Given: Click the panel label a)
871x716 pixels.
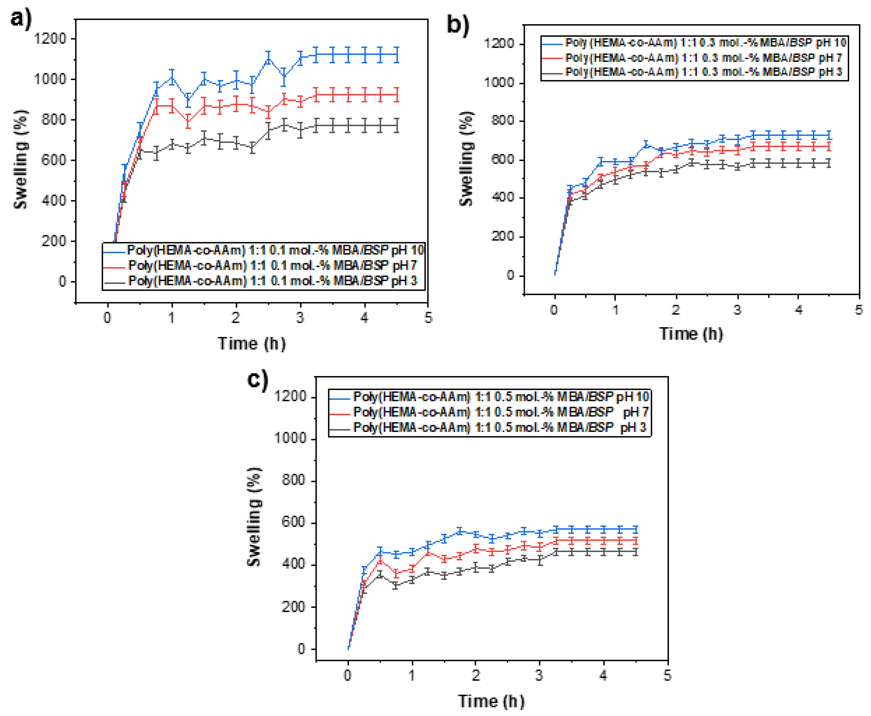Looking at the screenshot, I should pos(21,19).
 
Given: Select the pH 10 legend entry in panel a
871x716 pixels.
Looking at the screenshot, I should pos(275,250).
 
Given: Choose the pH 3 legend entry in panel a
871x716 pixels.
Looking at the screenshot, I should pos(273,281).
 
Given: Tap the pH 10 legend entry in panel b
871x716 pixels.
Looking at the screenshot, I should pos(706,42).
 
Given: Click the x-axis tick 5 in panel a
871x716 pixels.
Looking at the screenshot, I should pos(428,318).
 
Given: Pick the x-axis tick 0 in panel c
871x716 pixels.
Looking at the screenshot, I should pos(348,675).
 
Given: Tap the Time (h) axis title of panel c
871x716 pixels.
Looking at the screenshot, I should pos(491,701).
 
